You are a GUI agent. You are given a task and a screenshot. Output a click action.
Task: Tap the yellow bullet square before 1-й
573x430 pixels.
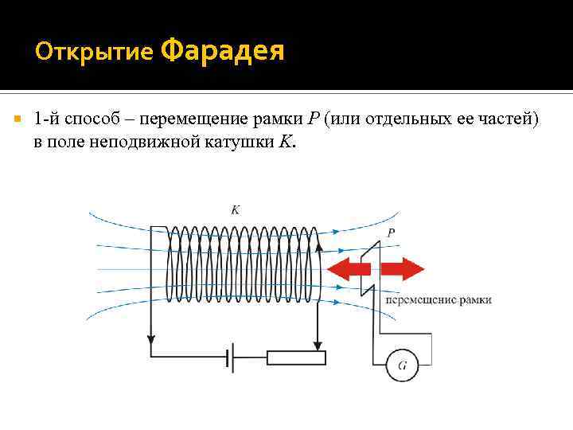[17, 118]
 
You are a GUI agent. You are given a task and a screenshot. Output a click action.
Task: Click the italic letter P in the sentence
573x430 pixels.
[313, 119]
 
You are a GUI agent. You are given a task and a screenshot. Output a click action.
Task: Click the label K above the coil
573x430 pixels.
[235, 210]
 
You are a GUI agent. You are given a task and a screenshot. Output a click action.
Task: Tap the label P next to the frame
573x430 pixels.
[391, 233]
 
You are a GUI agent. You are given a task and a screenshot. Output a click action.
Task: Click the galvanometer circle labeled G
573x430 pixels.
[402, 365]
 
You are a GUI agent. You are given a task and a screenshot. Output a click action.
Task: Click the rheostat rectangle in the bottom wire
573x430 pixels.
[296, 357]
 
